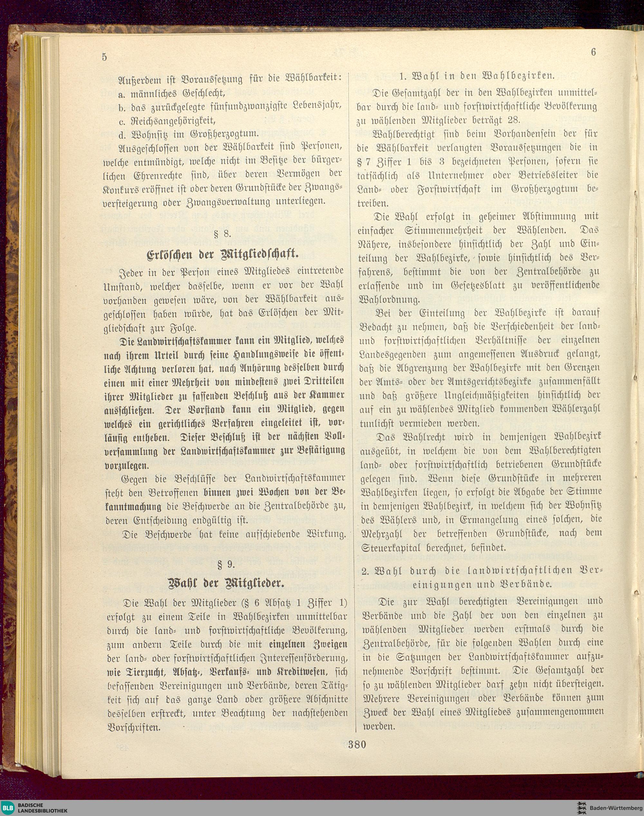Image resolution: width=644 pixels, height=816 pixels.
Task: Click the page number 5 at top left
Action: (x=104, y=57)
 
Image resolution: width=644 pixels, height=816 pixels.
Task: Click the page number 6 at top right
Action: (x=593, y=53)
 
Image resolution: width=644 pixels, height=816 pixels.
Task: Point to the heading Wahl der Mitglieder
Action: (x=225, y=584)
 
